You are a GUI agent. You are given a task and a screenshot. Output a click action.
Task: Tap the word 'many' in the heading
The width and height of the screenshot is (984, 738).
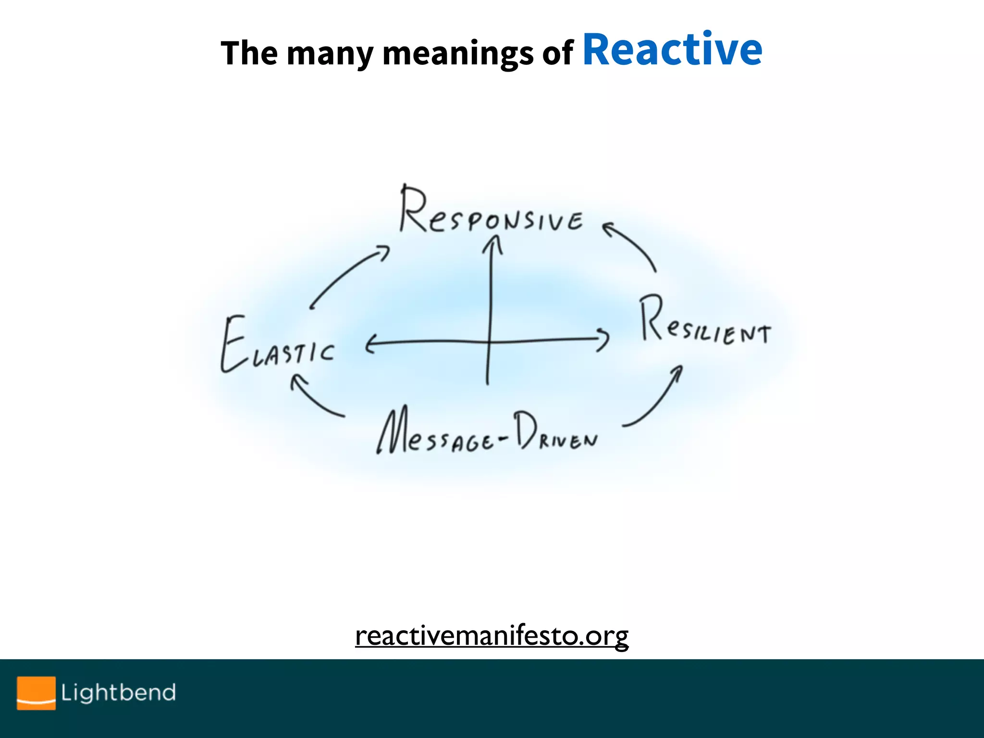330,54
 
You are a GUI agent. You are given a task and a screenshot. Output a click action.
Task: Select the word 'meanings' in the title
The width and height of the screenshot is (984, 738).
457,54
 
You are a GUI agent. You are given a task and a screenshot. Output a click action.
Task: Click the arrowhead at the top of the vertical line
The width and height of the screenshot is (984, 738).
492,243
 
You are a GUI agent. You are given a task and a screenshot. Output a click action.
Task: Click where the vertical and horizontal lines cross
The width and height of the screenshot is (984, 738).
489,341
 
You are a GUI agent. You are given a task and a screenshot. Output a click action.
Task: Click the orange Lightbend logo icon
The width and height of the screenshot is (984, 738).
36,692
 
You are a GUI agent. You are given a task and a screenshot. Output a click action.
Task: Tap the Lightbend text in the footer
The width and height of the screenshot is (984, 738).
118,692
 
